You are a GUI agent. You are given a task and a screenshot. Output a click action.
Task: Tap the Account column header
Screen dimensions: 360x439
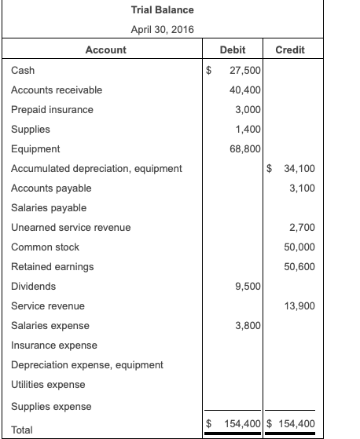coord(105,50)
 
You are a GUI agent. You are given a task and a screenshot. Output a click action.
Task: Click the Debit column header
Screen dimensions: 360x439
coord(233,50)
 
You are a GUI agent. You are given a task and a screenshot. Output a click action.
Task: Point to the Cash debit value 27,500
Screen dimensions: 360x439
coord(245,70)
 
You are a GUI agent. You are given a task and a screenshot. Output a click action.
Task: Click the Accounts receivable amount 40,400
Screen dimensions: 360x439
coord(245,90)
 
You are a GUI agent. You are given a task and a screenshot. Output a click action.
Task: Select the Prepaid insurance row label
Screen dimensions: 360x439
coord(52,109)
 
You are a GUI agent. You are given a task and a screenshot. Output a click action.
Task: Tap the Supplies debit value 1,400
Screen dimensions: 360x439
coord(248,129)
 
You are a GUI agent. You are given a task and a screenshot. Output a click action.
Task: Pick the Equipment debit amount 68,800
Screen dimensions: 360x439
coord(245,148)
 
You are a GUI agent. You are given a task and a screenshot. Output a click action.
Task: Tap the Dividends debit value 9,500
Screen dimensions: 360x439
coord(248,286)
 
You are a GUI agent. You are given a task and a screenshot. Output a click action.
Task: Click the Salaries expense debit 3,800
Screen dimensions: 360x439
coord(248,325)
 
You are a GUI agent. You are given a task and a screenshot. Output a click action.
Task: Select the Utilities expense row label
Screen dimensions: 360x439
coord(48,384)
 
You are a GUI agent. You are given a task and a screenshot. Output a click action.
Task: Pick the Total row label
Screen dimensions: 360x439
coord(22,429)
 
